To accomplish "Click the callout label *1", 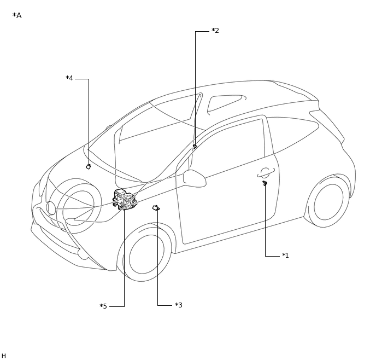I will [x=285, y=256].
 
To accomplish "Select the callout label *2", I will [x=215, y=31].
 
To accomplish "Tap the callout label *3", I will [x=178, y=305].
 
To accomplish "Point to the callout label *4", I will [x=69, y=78].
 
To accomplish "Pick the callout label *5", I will [x=103, y=306].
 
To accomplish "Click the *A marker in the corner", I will [x=17, y=15].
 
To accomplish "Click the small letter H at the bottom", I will [x=4, y=356].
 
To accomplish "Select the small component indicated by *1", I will [x=265, y=183].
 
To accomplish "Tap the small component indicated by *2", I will [x=195, y=147].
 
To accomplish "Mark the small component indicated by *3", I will [x=156, y=207].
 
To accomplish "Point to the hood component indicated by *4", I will [x=88, y=166].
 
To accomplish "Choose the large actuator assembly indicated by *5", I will [x=125, y=199].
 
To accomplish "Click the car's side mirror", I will [x=194, y=177].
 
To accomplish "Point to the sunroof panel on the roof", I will [x=225, y=102].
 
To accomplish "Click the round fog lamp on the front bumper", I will [x=51, y=208].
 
